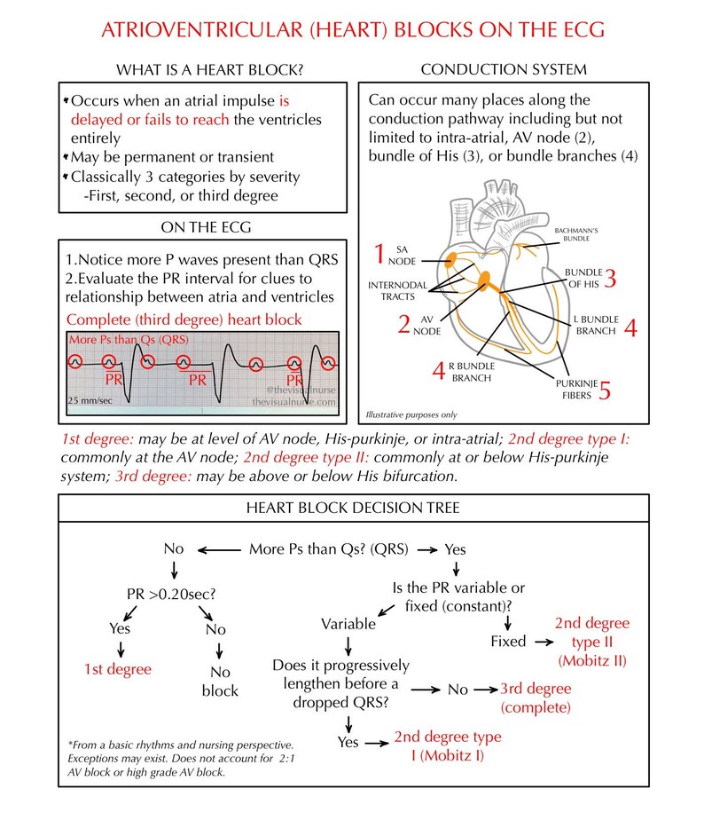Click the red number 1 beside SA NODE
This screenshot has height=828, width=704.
pos(379,255)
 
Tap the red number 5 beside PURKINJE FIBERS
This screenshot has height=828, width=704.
pos(605,390)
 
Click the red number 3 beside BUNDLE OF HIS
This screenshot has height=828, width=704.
pos(609,278)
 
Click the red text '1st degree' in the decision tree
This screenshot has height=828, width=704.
pos(117,668)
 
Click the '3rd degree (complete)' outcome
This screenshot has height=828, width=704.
pos(535,697)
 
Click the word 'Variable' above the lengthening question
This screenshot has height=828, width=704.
pos(348,624)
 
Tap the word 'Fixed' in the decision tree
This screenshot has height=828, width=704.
pos(508,640)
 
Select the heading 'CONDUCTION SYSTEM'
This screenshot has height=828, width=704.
pos(503,69)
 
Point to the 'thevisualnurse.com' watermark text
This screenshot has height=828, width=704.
pos(293,401)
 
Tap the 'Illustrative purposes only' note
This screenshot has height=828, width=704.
pos(413,414)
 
